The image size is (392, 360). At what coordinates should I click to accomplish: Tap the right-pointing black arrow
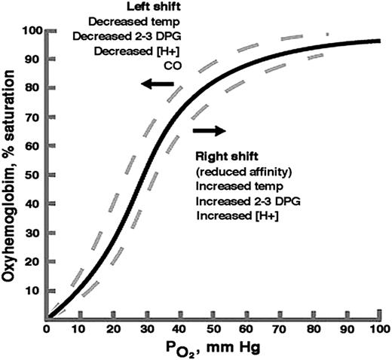209,130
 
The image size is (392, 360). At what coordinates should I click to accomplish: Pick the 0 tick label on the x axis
47,330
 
